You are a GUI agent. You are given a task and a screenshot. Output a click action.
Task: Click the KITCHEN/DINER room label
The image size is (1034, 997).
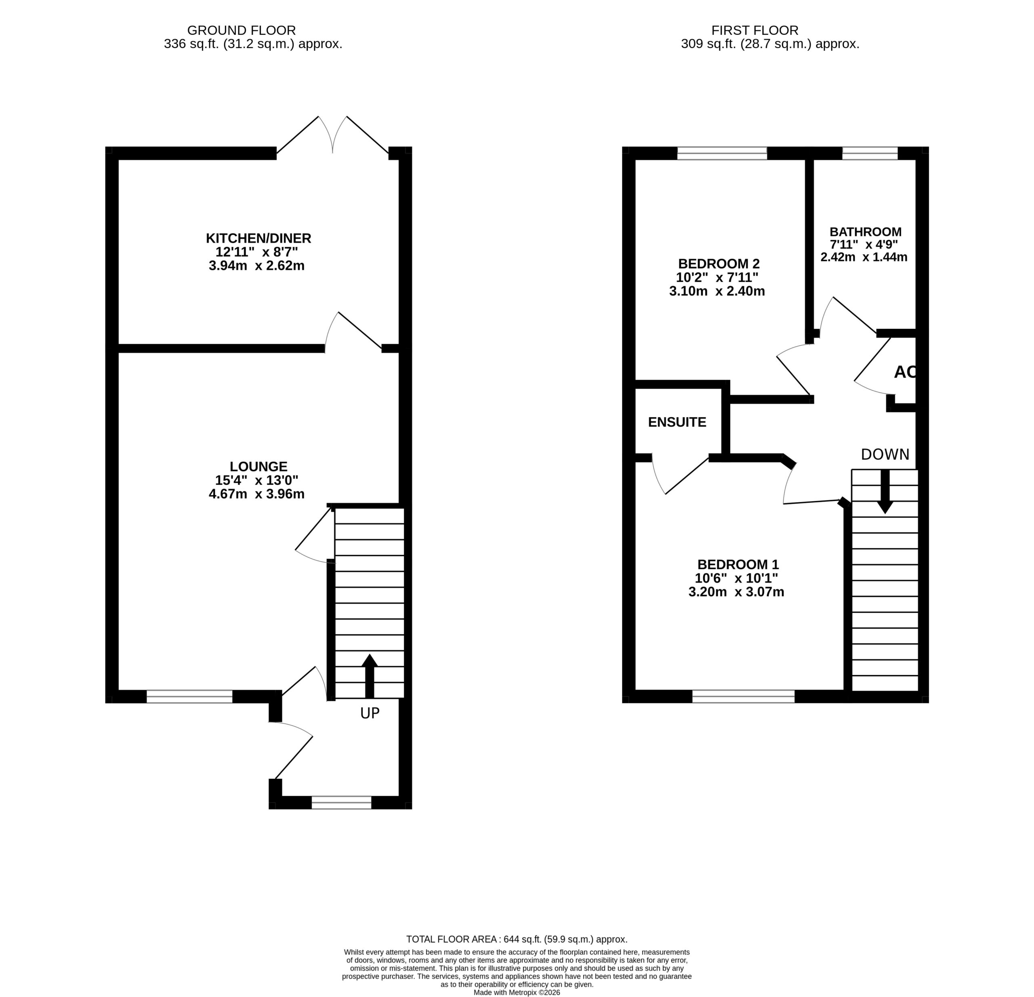(x=258, y=238)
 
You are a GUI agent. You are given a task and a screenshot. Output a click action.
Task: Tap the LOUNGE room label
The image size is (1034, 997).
(x=258, y=467)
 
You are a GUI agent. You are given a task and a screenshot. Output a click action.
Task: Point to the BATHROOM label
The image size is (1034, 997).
(x=865, y=232)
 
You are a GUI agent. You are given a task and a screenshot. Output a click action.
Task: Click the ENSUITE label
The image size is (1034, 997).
(x=677, y=422)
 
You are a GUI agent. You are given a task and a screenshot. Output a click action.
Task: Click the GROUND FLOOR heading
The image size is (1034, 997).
(x=242, y=31)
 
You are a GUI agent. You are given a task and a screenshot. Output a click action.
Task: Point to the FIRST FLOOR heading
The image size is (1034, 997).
(x=755, y=31)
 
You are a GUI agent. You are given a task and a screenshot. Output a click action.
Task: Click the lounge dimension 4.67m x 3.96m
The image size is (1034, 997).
(x=256, y=494)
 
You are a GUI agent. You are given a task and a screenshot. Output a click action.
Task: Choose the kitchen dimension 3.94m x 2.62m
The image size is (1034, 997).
(x=256, y=265)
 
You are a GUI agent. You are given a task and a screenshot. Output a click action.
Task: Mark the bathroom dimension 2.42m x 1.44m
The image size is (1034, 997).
(x=864, y=257)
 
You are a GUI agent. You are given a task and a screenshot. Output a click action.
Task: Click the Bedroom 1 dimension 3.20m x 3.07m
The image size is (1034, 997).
(x=736, y=592)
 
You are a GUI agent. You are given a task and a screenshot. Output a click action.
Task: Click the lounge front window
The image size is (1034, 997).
(x=189, y=696)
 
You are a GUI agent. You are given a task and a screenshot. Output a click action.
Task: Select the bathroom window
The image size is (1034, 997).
(x=870, y=153)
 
